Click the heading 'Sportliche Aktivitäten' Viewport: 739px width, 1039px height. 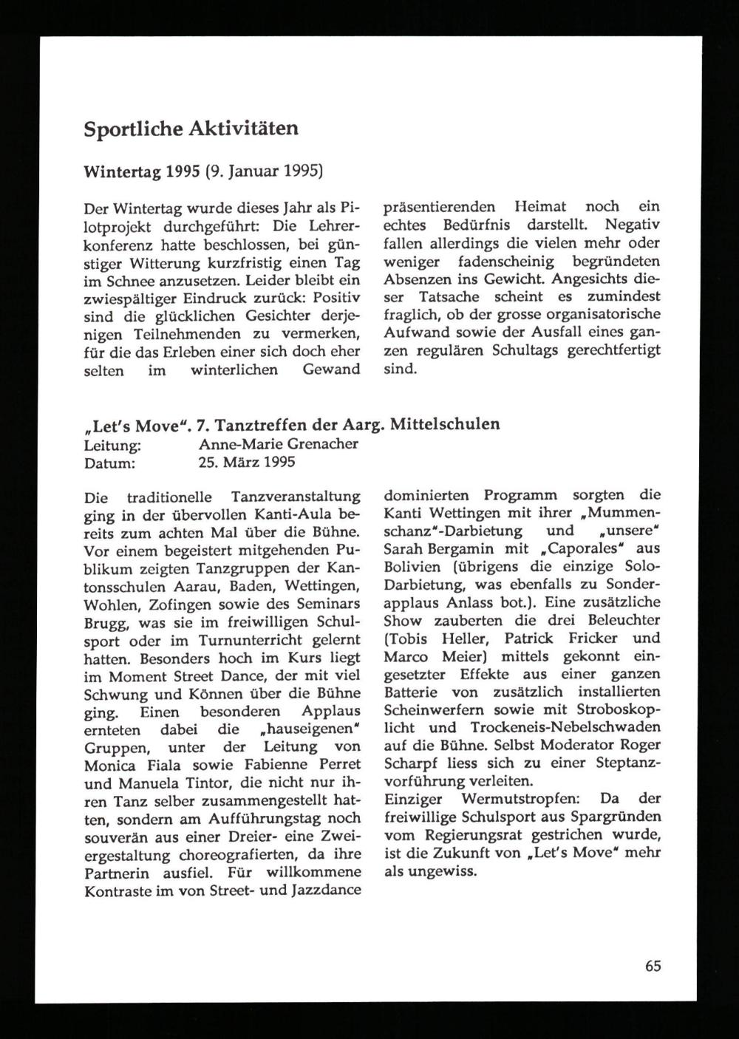click(x=191, y=129)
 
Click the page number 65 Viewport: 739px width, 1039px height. click(x=653, y=966)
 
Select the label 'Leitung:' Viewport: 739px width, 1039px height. click(x=113, y=444)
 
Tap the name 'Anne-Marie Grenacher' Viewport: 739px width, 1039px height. click(x=279, y=444)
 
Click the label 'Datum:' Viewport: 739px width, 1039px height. click(x=110, y=463)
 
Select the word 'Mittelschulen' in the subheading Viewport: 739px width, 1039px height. click(x=444, y=424)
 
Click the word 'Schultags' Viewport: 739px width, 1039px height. click(x=526, y=351)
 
